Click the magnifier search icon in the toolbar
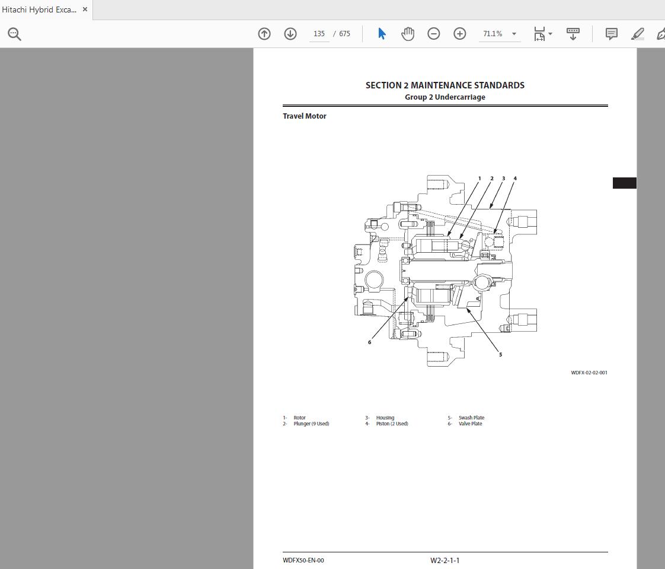[x=15, y=34]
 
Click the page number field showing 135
[x=319, y=34]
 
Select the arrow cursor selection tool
[x=382, y=34]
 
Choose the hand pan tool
[x=408, y=34]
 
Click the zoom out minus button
[x=434, y=34]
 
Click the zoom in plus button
[x=460, y=34]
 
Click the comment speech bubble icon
[x=612, y=34]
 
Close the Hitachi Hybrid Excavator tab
[x=85, y=9]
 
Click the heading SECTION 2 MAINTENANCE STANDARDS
[x=445, y=85]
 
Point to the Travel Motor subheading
[x=305, y=116]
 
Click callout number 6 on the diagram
[x=369, y=342]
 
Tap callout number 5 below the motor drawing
[x=500, y=355]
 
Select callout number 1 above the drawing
[x=479, y=178]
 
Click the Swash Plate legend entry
[x=471, y=418]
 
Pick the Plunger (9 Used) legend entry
[x=311, y=424]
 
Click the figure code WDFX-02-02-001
[x=589, y=373]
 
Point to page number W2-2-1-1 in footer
[x=445, y=560]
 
